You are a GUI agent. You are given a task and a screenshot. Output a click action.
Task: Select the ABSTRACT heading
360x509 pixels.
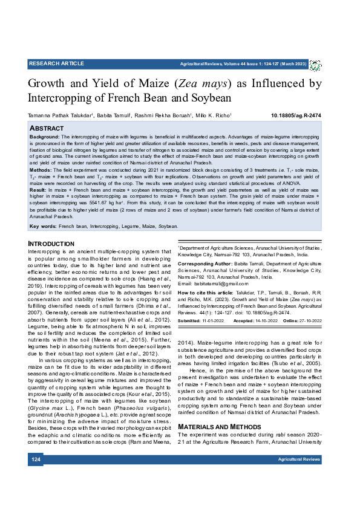pos(47,129)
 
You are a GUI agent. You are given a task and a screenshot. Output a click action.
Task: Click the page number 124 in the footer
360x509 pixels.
pos(36,477)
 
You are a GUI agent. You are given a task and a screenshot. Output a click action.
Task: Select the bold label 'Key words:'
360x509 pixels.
pos(42,226)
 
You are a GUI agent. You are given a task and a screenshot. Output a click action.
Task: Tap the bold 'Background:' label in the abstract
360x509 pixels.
pos(44,138)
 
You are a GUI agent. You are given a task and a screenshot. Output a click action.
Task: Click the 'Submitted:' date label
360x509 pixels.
pos(191,321)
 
